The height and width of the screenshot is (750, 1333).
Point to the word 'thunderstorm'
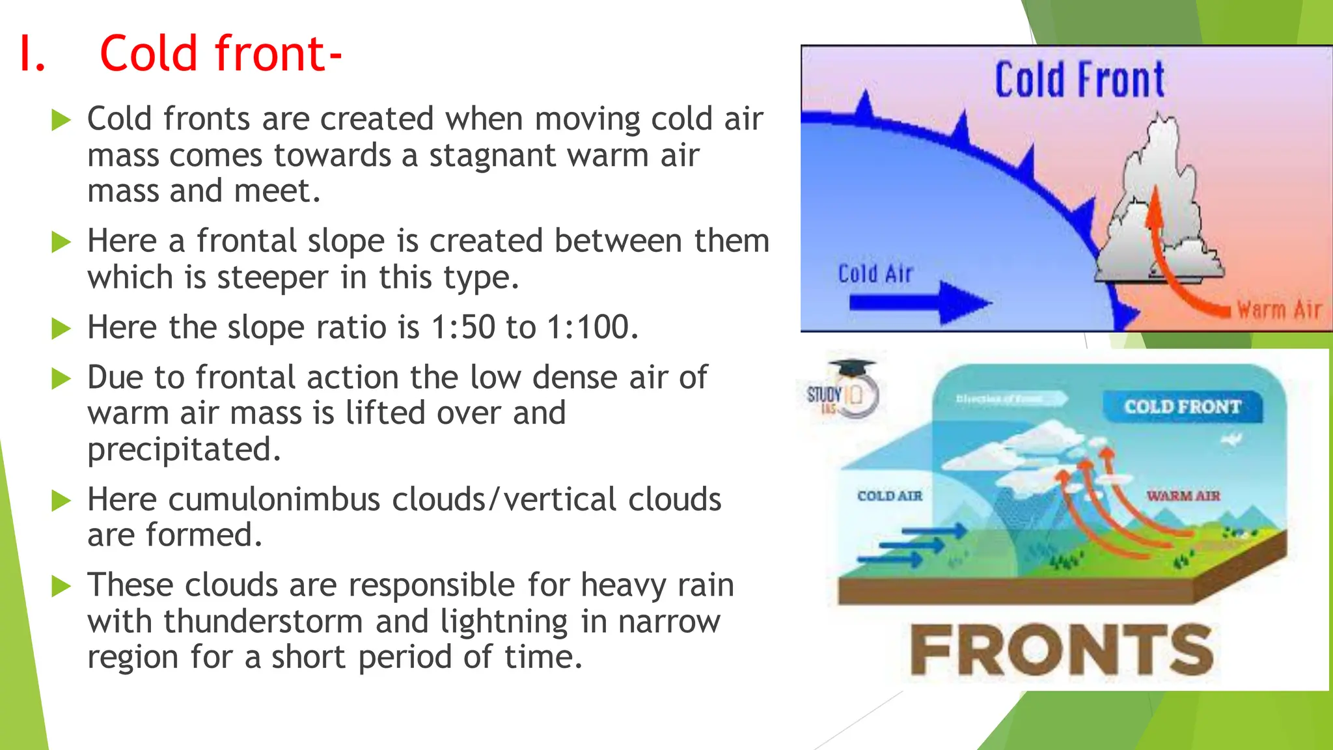(x=263, y=621)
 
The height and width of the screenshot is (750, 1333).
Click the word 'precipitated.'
(x=184, y=450)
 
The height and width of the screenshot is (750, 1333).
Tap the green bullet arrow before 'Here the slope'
(x=61, y=328)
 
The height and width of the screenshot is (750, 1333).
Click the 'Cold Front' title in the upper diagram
(x=1079, y=80)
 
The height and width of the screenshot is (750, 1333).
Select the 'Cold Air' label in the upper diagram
(x=875, y=274)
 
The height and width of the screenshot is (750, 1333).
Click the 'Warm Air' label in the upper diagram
(x=1278, y=310)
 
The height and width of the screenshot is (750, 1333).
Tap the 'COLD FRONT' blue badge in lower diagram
(x=1182, y=407)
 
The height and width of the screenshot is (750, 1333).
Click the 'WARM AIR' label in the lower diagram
(x=1183, y=496)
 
